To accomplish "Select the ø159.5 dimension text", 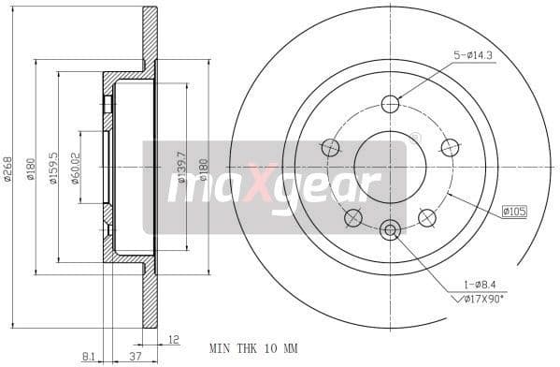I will coord(53,168).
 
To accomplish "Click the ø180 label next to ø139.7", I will coord(204,168).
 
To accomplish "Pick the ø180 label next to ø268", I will coord(31,169).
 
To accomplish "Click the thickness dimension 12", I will coord(173,339).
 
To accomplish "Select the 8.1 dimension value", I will coord(89,355).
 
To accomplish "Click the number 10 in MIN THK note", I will coord(267,348).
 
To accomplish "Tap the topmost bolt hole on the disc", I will coord(390,104).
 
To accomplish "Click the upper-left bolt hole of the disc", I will coord(330,147).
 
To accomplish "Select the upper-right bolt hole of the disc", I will coord(450,147).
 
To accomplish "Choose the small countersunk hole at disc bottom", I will coord(390,228).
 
